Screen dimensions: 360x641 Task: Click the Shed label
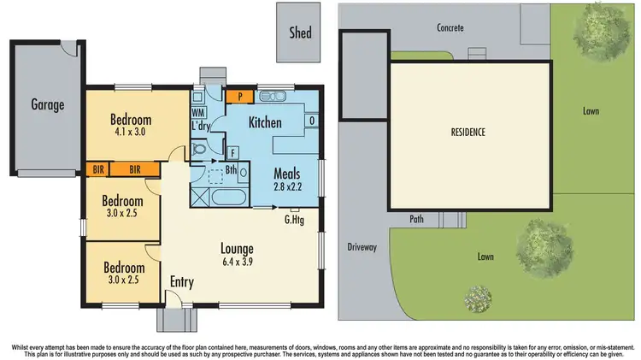[x=300, y=33]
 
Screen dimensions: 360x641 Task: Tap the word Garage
[x=48, y=105]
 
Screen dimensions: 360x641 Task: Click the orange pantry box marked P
[x=232, y=97]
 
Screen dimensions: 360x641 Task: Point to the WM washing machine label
[x=198, y=113]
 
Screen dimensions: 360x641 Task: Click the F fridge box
[x=232, y=153]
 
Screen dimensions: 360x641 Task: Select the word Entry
[x=182, y=281]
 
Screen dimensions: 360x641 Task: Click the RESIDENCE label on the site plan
[x=468, y=133]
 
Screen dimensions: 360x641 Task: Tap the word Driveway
[x=362, y=247]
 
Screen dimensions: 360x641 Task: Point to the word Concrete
[x=450, y=28]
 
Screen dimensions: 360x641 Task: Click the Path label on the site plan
[x=417, y=218]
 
